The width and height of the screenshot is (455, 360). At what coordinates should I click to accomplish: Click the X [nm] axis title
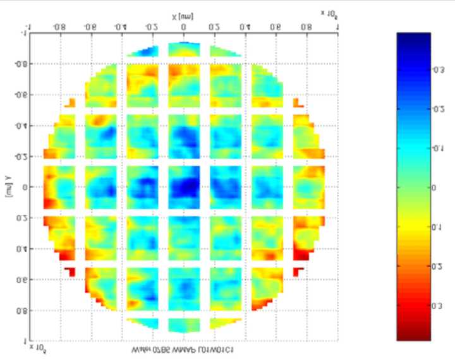[183, 15]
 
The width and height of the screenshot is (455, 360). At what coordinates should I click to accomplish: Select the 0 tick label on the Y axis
[25, 188]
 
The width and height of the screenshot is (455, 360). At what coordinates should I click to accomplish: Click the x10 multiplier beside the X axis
[327, 13]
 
